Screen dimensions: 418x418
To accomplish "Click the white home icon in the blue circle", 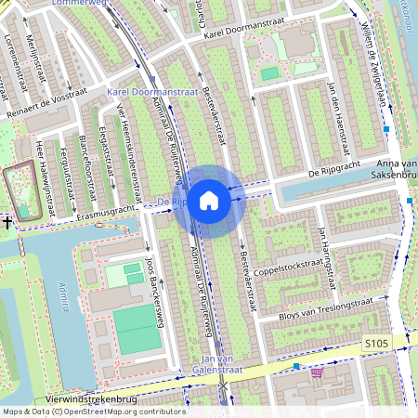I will pyautogui.click(x=209, y=200).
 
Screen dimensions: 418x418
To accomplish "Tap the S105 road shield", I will pyautogui.click(x=375, y=345).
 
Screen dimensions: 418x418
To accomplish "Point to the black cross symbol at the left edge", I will pyautogui.click(x=7, y=222).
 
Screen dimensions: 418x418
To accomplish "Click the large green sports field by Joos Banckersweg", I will pyautogui.click(x=137, y=329).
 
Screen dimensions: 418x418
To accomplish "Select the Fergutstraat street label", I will pyautogui.click(x=65, y=172).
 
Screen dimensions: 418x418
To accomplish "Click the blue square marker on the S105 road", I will pyautogui.click(x=295, y=367).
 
